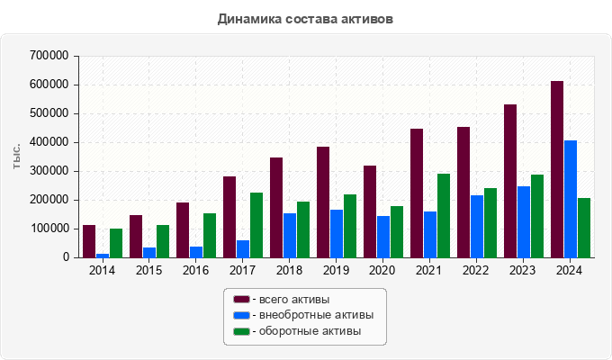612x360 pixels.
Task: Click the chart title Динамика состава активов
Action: click(x=306, y=18)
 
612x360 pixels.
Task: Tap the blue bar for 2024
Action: click(x=571, y=199)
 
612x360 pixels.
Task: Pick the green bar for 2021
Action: click(x=444, y=216)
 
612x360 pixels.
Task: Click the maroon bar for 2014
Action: click(x=89, y=241)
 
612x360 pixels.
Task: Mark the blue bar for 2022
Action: click(x=477, y=226)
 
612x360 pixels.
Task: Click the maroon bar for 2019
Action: click(x=323, y=202)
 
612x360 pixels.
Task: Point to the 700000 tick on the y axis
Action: click(x=49, y=56)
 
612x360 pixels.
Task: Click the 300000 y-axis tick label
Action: click(x=49, y=171)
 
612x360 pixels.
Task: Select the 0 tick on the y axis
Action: click(x=66, y=257)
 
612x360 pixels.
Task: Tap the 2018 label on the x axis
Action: click(x=288, y=271)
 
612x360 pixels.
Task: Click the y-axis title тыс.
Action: click(x=17, y=156)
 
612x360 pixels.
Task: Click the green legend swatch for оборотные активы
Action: click(x=241, y=331)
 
